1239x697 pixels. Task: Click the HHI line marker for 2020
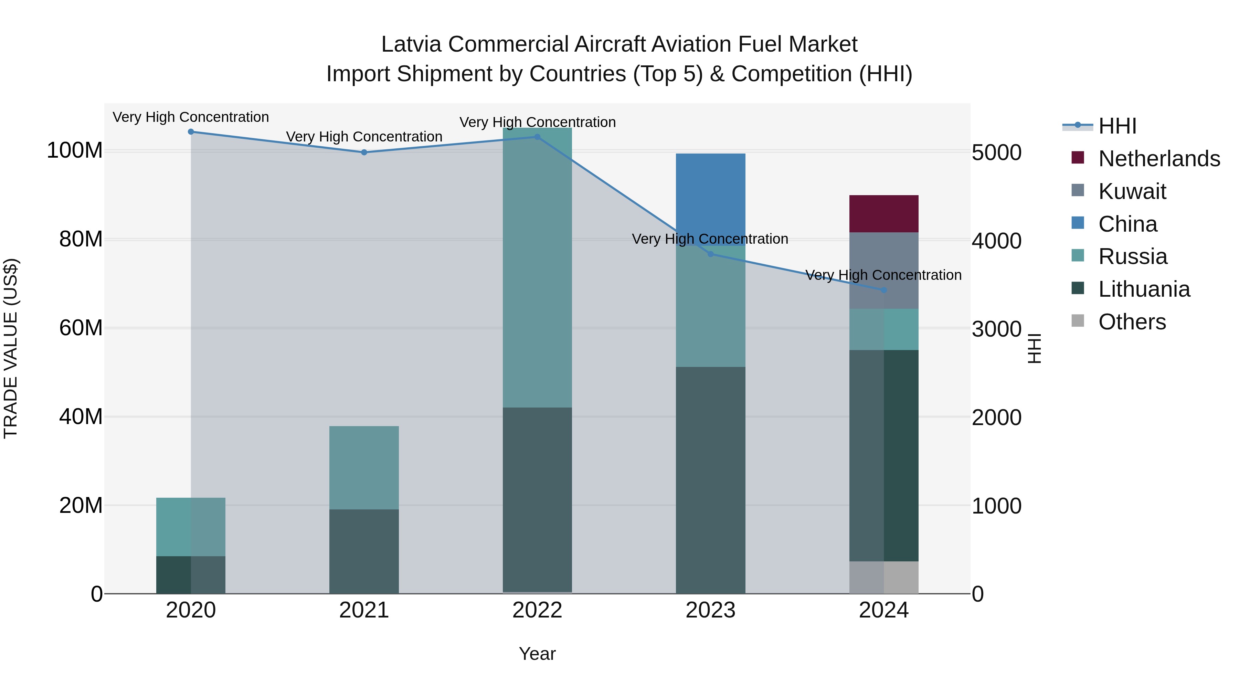[x=191, y=131]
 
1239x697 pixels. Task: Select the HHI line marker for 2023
[x=710, y=254]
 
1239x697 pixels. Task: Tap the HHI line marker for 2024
[x=883, y=290]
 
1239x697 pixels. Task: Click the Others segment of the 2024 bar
[x=883, y=577]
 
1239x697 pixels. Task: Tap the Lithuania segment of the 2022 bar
[x=537, y=500]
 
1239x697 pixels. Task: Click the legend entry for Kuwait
[x=1132, y=191]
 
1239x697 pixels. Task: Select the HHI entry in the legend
[x=1117, y=126]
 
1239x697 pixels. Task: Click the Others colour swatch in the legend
[x=1078, y=321]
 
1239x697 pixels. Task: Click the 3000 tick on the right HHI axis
[x=996, y=329]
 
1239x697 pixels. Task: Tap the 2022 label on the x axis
[x=537, y=610]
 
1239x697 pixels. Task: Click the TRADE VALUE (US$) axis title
[x=11, y=348]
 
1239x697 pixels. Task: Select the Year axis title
[x=537, y=654]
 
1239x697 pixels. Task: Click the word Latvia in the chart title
[x=411, y=44]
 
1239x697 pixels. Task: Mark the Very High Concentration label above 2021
[x=364, y=137]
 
